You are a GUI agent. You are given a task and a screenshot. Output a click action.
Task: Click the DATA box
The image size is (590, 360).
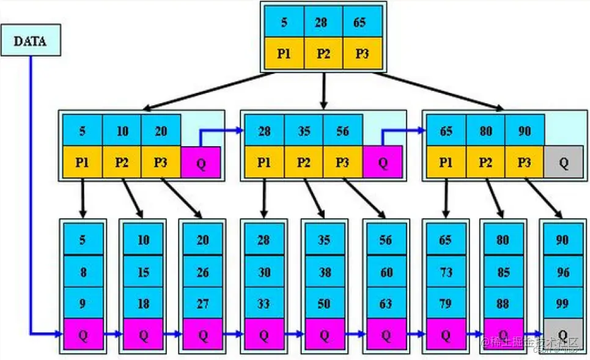tap(31, 41)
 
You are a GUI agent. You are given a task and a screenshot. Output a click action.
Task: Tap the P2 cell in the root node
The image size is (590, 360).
tap(323, 53)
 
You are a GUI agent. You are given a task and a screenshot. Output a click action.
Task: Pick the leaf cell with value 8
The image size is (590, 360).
tap(83, 272)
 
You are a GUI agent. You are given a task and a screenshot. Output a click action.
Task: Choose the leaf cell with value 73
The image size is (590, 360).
tap(445, 272)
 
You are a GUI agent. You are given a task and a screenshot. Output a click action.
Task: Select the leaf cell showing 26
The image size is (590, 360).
tap(203, 272)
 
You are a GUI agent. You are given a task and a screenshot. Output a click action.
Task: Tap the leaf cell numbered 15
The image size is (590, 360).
tap(143, 272)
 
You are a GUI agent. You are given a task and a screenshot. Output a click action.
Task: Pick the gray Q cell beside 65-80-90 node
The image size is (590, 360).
tap(564, 162)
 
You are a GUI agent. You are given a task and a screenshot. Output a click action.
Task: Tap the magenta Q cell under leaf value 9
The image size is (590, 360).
tap(83, 334)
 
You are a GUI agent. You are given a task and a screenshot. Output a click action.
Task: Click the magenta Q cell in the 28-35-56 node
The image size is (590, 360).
tap(382, 162)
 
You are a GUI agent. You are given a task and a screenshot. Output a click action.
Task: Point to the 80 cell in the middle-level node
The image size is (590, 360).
tap(485, 131)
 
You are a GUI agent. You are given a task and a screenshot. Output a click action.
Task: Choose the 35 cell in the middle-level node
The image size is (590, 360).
tap(303, 131)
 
